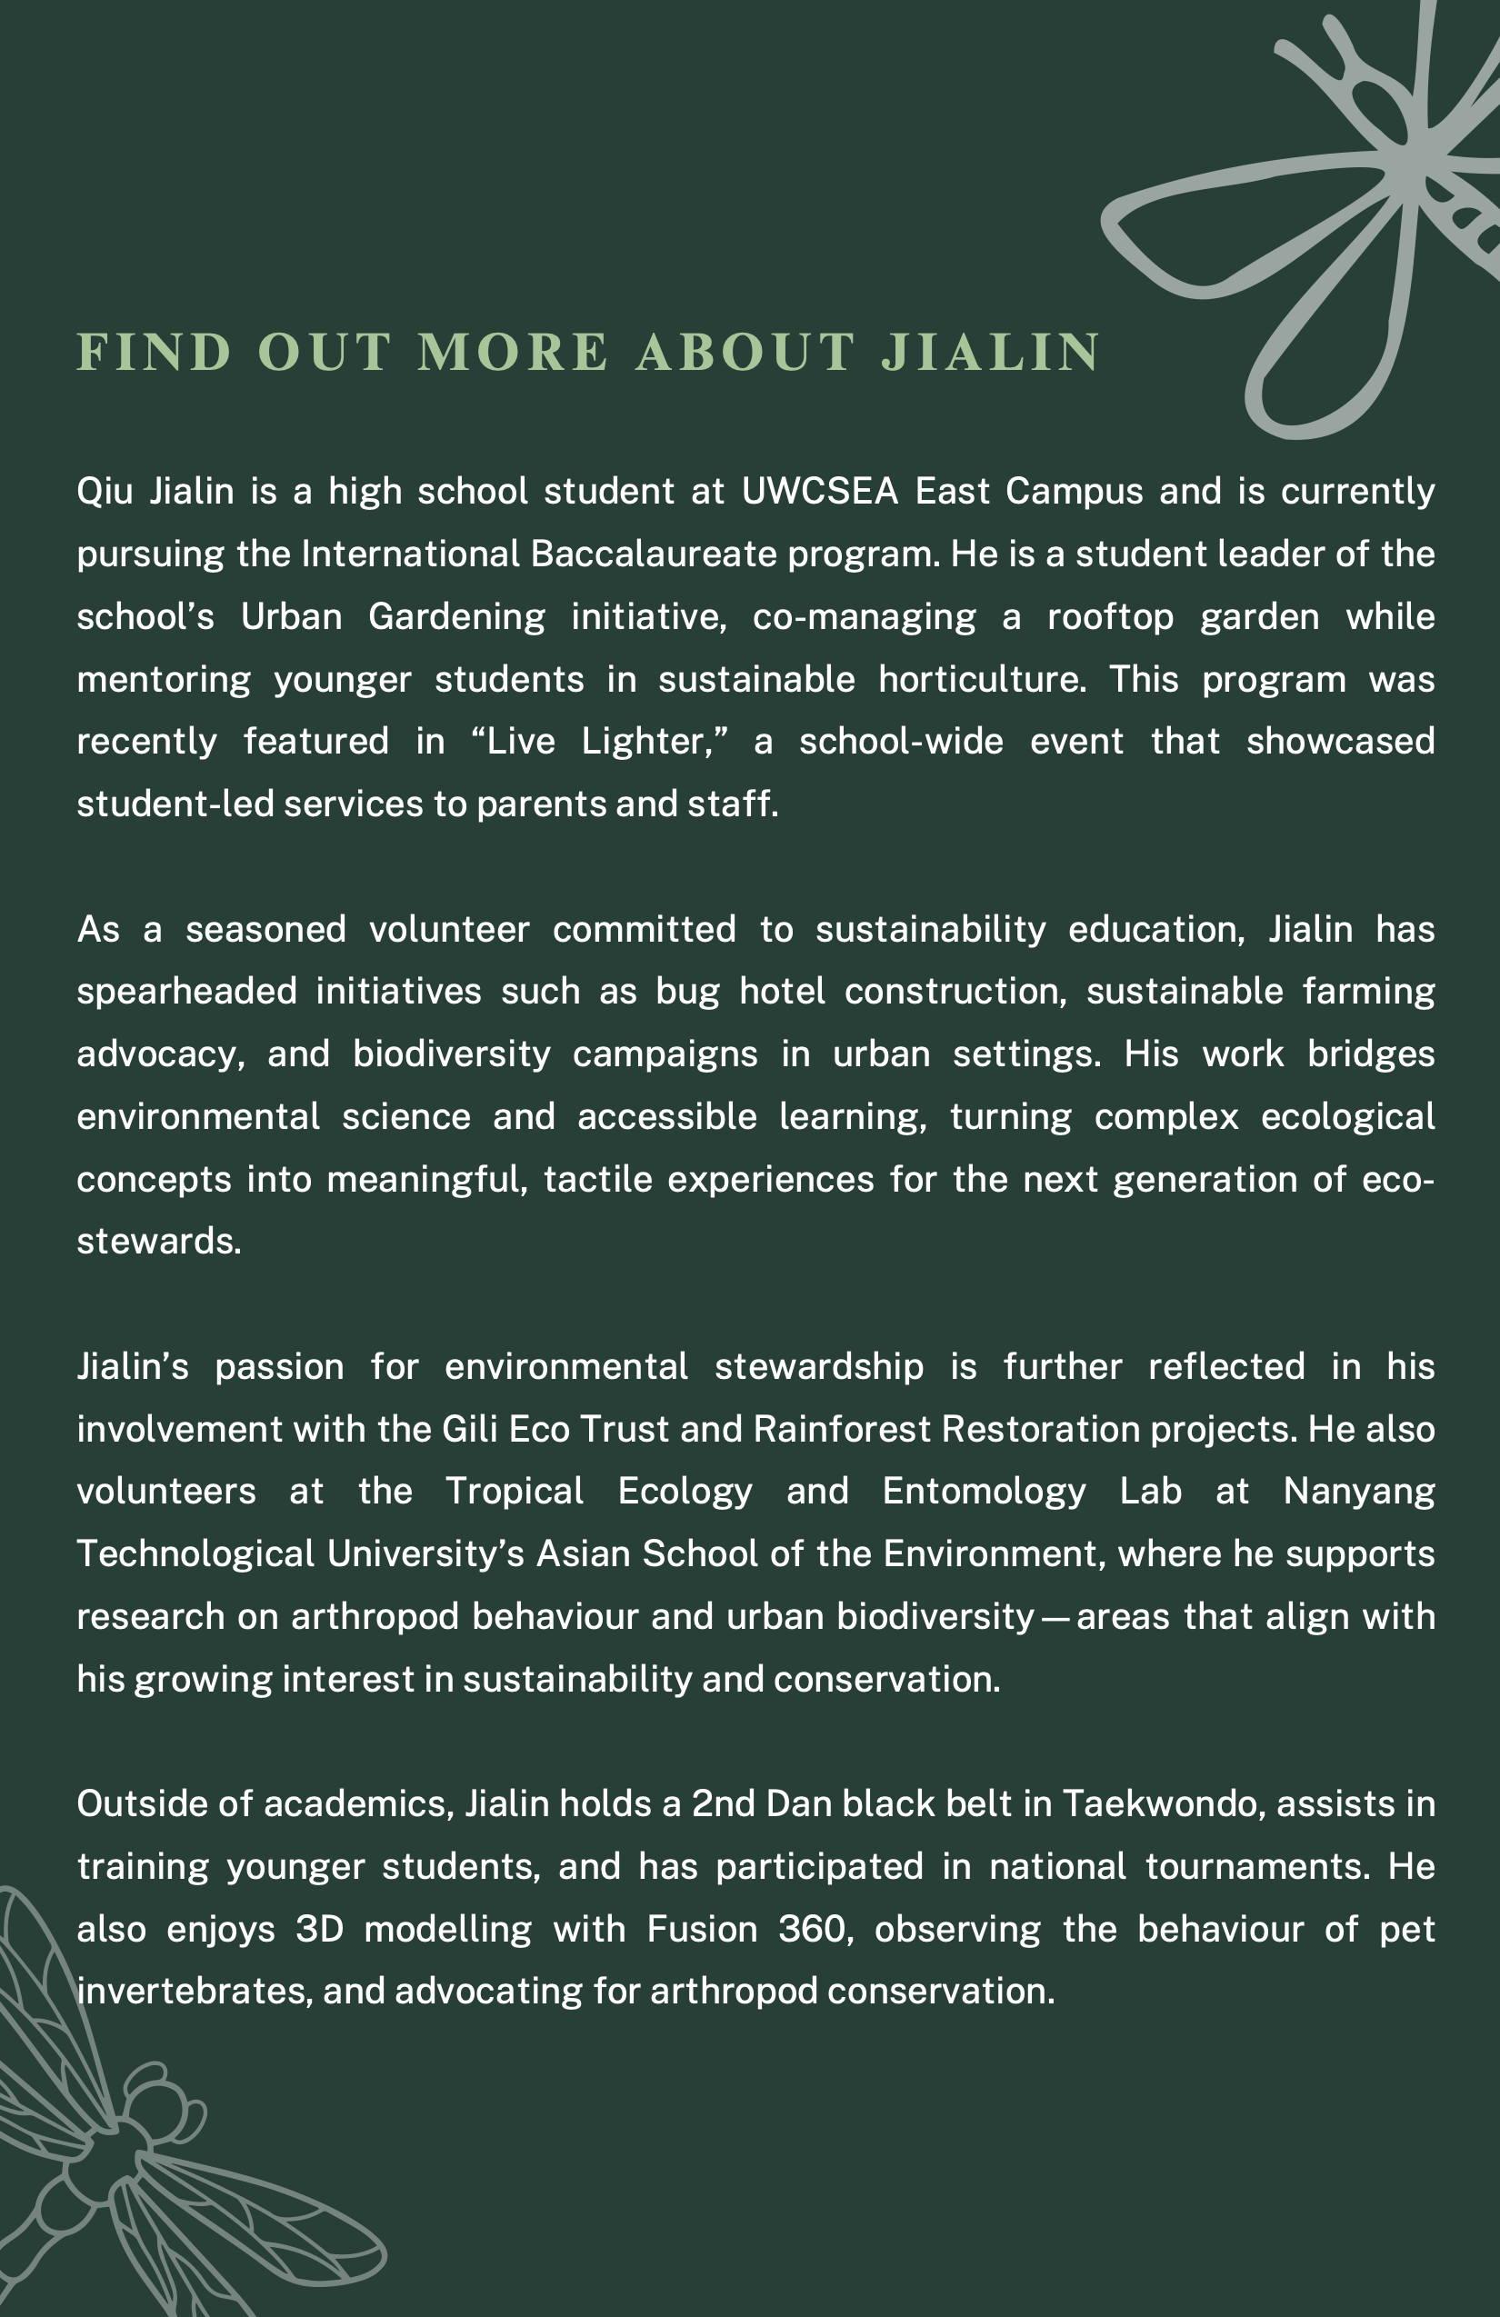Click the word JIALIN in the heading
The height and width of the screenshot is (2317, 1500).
[990, 353]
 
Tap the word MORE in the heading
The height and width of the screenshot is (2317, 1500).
[513, 353]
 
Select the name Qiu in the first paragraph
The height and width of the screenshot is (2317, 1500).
[105, 492]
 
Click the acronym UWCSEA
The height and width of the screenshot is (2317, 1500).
[820, 492]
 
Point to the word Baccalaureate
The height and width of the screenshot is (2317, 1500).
[655, 554]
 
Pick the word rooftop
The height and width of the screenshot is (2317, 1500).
[1111, 617]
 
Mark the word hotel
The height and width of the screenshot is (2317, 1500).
[782, 991]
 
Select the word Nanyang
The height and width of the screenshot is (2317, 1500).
[1359, 1492]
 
